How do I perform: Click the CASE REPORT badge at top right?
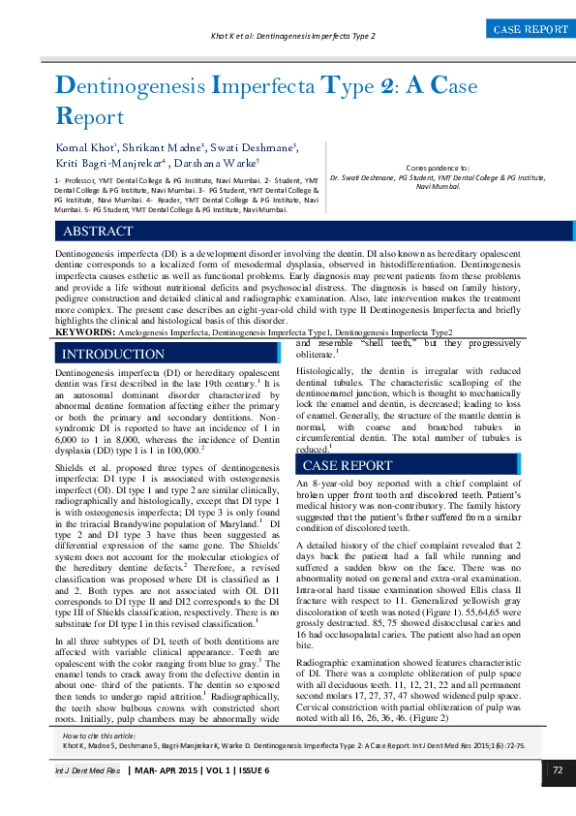tap(531, 30)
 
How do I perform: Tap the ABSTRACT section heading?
tap(98, 232)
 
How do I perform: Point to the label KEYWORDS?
tap(84, 331)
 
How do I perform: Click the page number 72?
tap(558, 770)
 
